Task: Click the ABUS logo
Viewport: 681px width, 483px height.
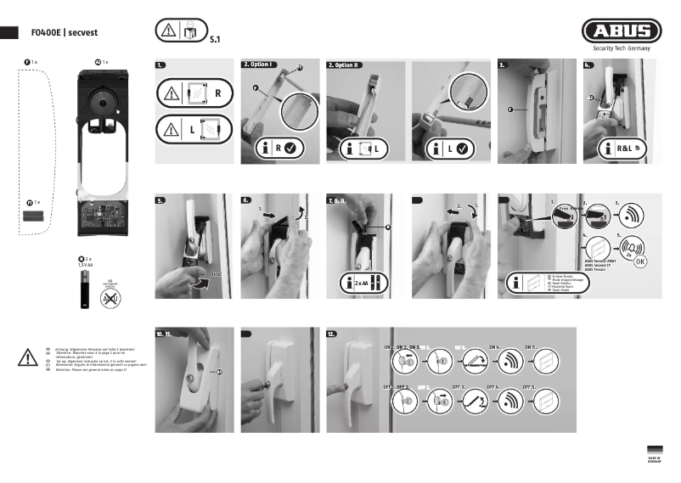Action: pyautogui.click(x=622, y=33)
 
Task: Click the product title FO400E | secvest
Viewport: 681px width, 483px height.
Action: pyautogui.click(x=61, y=33)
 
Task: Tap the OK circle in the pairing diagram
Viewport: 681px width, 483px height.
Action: pyautogui.click(x=639, y=261)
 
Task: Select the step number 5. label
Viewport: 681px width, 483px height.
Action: pyautogui.click(x=161, y=201)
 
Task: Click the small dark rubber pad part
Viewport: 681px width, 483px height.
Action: pyautogui.click(x=34, y=216)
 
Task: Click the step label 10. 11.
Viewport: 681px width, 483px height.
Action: pyautogui.click(x=165, y=334)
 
